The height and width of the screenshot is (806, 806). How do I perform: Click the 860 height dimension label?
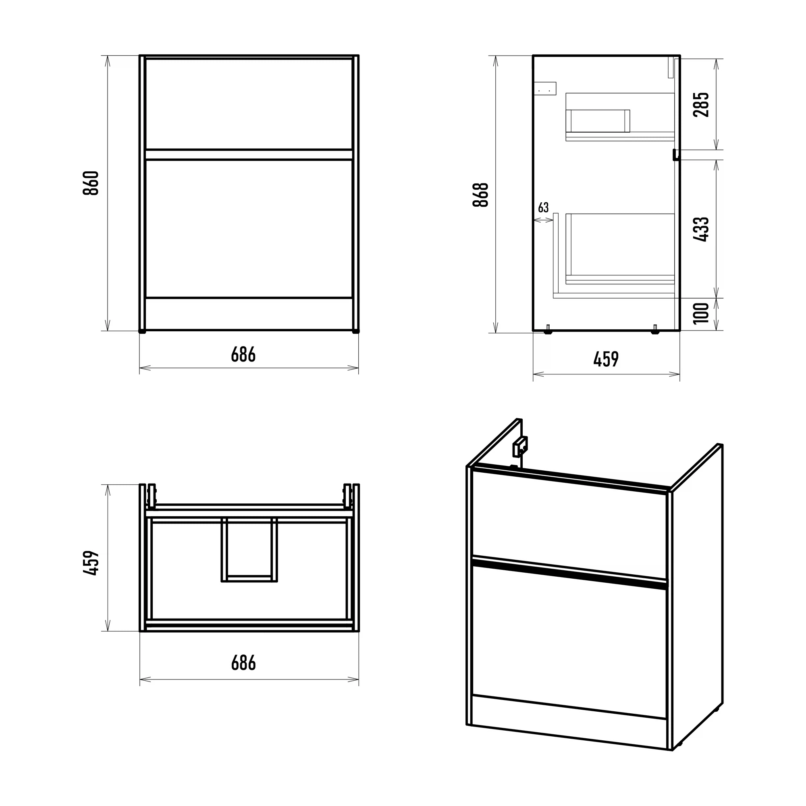(x=91, y=183)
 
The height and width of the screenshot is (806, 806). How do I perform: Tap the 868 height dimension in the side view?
(x=481, y=194)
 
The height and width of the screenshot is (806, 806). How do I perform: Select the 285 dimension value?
(x=701, y=104)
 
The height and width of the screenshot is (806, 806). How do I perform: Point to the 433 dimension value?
(x=701, y=229)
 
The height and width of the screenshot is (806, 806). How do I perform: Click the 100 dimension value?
(x=701, y=313)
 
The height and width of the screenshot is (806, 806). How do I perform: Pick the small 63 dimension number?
(x=543, y=207)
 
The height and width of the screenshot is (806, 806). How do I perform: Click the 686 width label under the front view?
(x=243, y=355)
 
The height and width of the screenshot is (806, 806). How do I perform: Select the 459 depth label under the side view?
(x=606, y=359)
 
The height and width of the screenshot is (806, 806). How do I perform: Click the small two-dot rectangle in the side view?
(x=545, y=88)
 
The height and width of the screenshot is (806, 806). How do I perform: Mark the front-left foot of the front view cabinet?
(x=143, y=332)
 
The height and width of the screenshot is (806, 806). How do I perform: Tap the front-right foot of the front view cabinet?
(x=355, y=332)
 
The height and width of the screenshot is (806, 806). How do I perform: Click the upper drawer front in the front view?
(x=249, y=104)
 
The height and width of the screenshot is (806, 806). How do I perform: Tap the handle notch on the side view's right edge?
(x=675, y=155)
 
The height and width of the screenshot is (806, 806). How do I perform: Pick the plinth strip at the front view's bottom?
(x=249, y=314)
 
